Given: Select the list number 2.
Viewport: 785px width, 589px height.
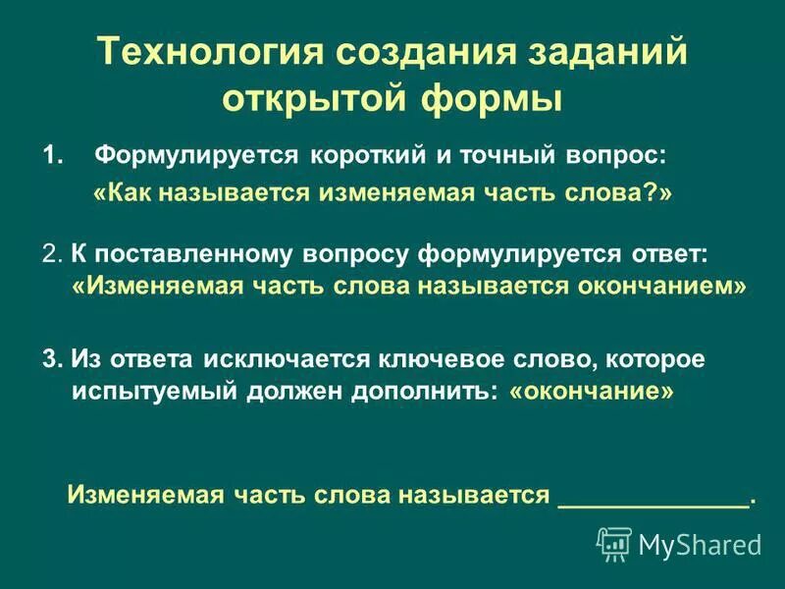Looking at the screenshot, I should click(x=52, y=253).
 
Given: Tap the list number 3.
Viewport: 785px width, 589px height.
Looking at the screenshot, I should click(x=52, y=358).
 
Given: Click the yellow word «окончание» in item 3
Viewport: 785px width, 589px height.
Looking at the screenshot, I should click(x=592, y=392).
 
